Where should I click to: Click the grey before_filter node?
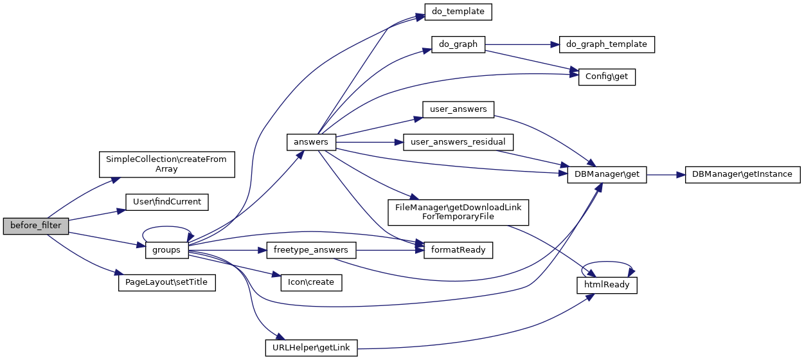(36, 226)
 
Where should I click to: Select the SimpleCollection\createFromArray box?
(166, 164)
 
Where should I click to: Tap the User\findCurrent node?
(166, 202)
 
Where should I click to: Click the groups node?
(167, 249)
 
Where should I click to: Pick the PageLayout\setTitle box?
(166, 283)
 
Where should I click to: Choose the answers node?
(311, 142)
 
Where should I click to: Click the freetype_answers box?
(311, 249)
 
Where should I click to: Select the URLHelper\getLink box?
(311, 348)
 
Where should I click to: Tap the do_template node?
(458, 12)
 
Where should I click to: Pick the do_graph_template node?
(607, 44)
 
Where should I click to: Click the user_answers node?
(458, 109)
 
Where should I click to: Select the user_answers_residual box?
(458, 142)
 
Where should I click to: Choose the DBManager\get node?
(607, 174)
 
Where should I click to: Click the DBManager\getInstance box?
(742, 174)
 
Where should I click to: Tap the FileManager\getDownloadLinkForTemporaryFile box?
(458, 212)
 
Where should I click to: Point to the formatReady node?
(458, 249)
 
